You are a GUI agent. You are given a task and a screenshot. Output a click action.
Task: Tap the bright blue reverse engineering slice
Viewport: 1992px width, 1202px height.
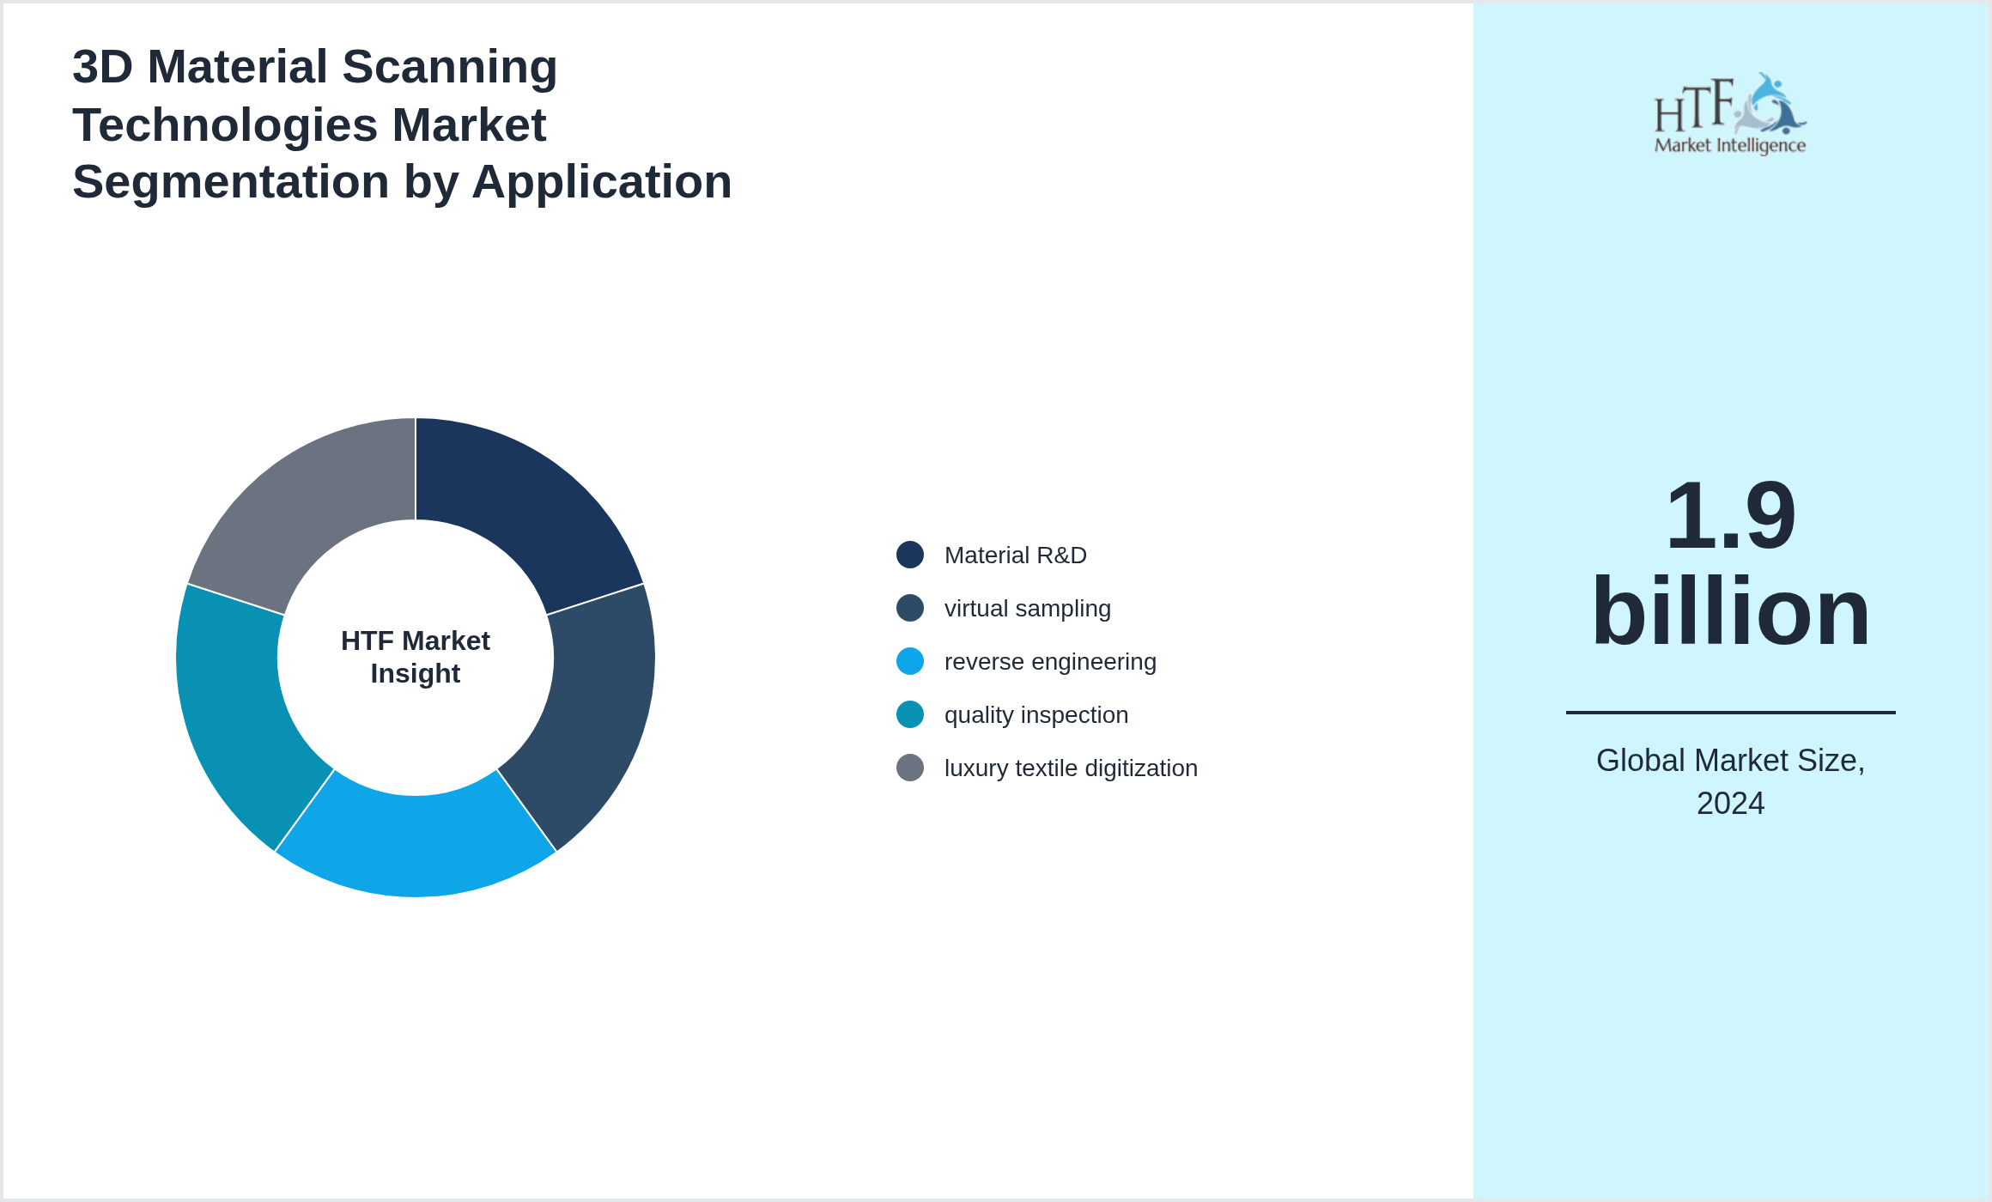(416, 846)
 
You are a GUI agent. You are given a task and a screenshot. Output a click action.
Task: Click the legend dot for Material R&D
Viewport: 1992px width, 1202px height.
(910, 555)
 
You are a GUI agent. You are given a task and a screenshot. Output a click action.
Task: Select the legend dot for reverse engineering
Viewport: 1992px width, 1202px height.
(910, 661)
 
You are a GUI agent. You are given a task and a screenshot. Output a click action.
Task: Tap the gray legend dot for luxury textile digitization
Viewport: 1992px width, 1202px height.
(910, 768)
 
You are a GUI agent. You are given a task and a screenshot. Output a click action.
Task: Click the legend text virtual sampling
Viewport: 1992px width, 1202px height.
(1027, 609)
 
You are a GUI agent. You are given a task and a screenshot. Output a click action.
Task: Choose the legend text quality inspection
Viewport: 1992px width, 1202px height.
(1035, 715)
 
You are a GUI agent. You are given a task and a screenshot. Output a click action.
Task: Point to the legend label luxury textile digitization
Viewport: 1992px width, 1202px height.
(1070, 768)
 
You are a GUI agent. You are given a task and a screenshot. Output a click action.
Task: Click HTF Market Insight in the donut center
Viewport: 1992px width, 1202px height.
(416, 657)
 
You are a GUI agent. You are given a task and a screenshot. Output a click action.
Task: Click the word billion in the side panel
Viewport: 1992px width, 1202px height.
(1730, 611)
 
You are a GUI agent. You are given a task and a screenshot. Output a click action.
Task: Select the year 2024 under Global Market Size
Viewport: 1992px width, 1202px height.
(1730, 804)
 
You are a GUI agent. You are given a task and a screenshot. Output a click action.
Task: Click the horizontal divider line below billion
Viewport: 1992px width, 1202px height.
(1730, 712)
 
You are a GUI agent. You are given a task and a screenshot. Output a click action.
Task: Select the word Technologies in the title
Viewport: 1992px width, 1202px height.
(225, 125)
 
